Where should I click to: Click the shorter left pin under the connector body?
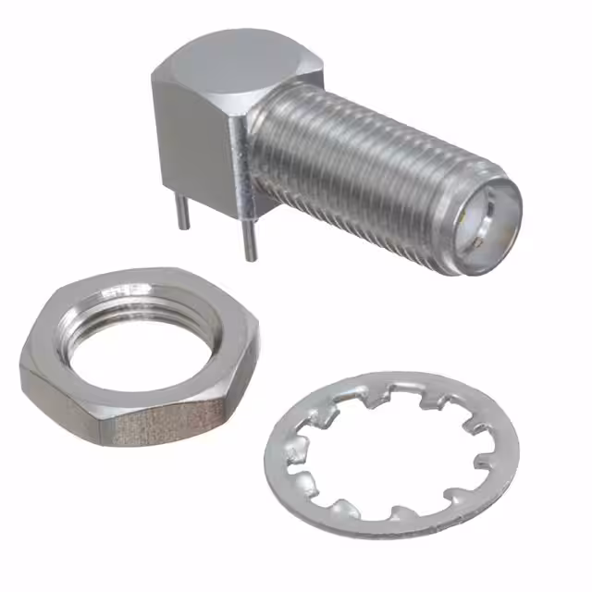[183, 211]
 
